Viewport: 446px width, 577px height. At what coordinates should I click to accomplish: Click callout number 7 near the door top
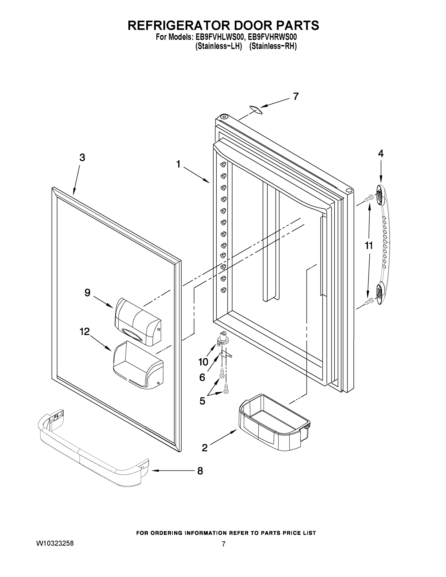click(x=296, y=96)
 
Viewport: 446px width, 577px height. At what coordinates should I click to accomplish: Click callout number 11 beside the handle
click(x=369, y=245)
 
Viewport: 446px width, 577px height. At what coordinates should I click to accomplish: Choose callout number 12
click(x=85, y=331)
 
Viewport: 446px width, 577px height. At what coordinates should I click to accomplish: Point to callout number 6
click(x=202, y=377)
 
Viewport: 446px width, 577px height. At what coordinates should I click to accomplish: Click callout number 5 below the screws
click(x=202, y=401)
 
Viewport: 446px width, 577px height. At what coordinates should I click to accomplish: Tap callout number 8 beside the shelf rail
click(x=200, y=470)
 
